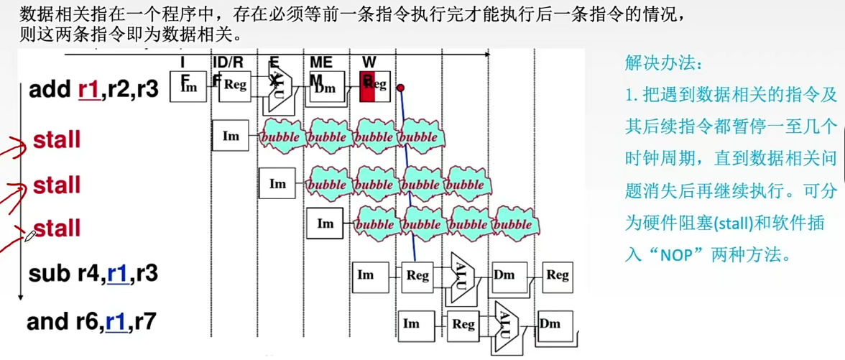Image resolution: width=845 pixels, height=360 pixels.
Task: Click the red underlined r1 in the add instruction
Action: pos(88,90)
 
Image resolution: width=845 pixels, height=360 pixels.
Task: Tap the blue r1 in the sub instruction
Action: pos(118,274)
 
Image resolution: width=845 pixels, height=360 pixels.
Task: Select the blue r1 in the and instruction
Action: pos(116,322)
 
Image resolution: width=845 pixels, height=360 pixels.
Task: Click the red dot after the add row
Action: pos(401,88)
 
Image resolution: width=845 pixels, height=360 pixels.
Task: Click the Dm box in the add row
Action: pos(326,87)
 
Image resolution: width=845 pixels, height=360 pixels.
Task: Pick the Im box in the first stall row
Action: pos(231,135)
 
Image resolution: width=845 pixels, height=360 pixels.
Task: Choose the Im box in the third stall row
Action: pos(325,223)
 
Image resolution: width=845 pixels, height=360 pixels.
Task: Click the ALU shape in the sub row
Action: pos(461,274)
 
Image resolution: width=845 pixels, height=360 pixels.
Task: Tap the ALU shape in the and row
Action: pos(507,323)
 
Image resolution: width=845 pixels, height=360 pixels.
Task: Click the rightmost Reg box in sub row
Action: pos(558,275)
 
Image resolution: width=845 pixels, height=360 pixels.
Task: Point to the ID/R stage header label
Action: pos(227,63)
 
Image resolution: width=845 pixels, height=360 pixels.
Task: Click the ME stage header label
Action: pos(320,63)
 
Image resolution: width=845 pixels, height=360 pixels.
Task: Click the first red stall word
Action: pos(56,140)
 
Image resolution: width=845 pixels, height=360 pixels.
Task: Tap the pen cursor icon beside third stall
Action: pos(29,236)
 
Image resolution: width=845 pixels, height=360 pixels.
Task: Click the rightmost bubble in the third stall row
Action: pos(513,223)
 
